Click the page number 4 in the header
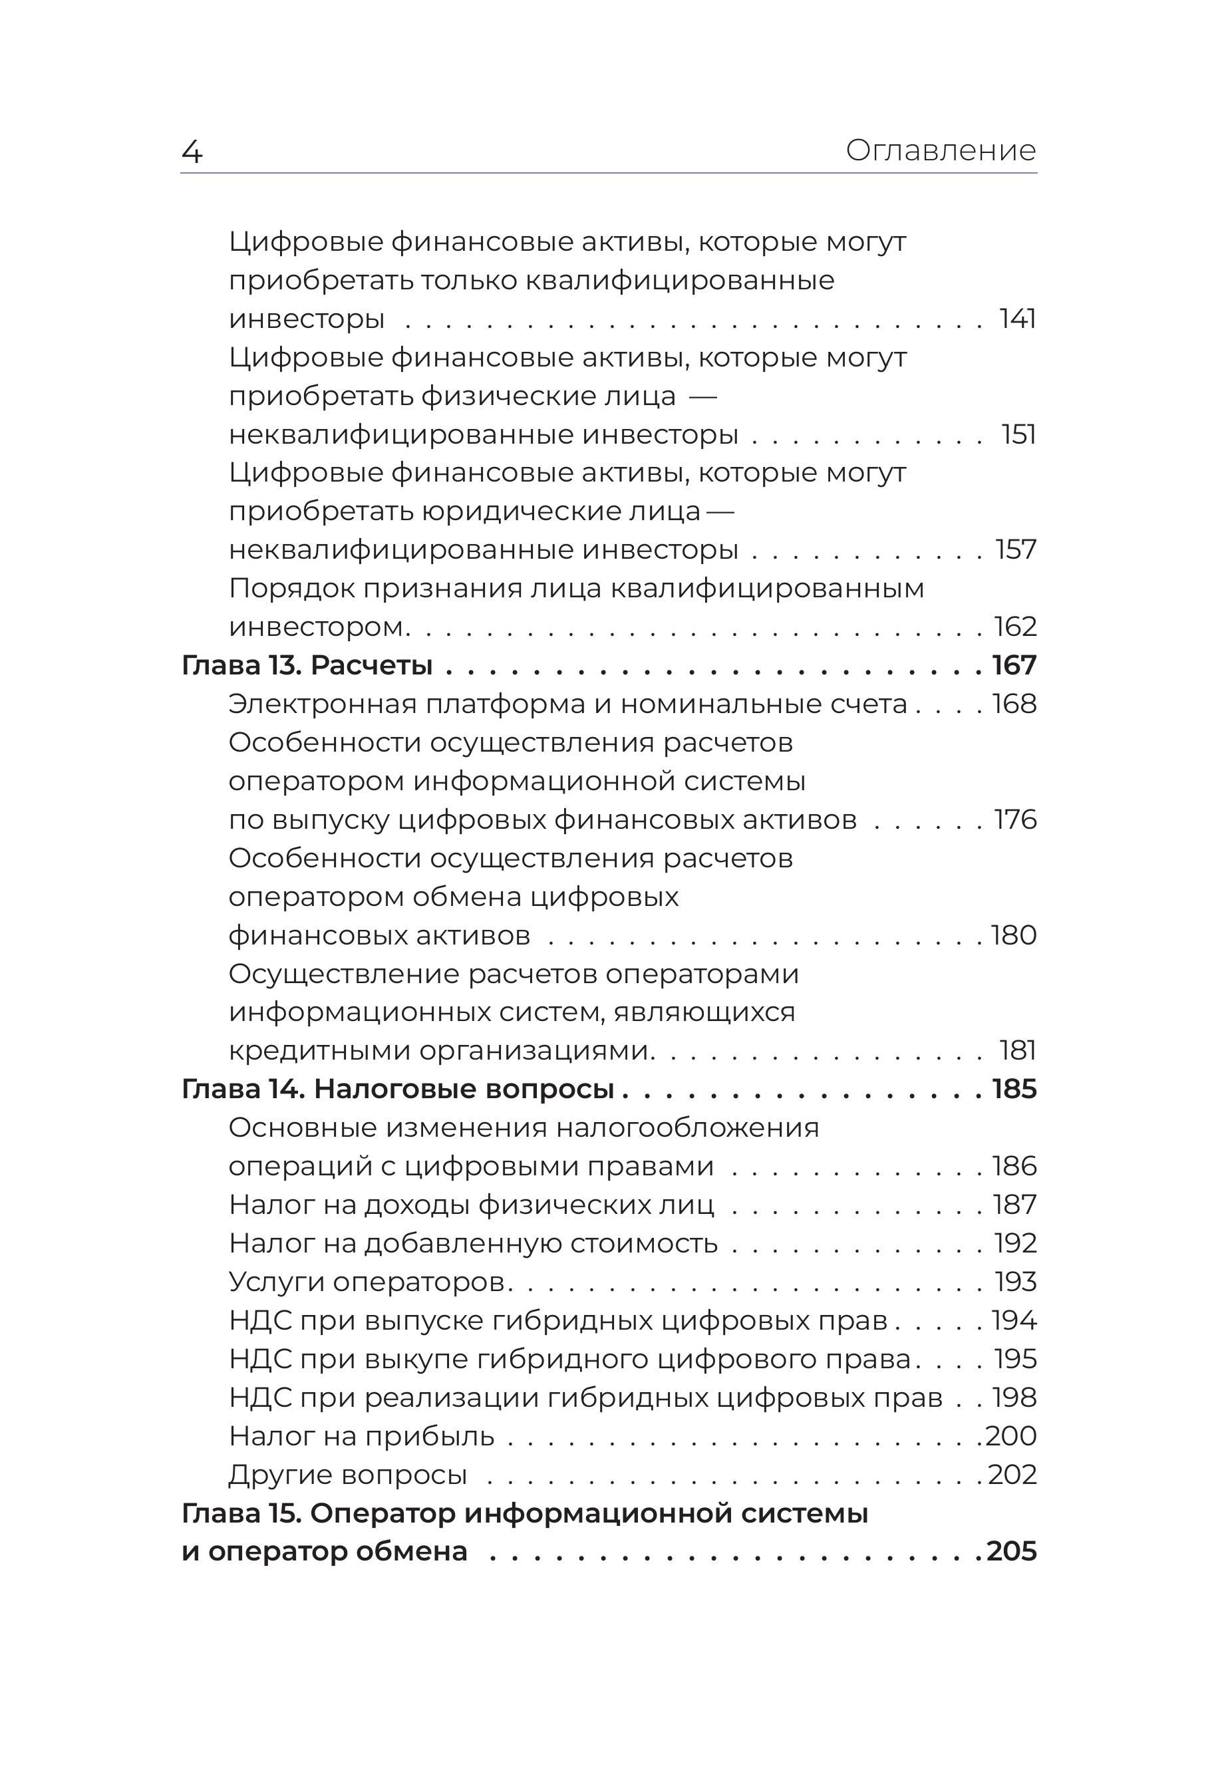[x=192, y=152]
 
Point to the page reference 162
[x=1015, y=627]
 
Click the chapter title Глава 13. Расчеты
[x=307, y=665]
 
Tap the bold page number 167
[x=1014, y=665]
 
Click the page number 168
[x=1014, y=704]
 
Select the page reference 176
[x=1015, y=819]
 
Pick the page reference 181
[x=1018, y=1051]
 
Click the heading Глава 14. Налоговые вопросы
[x=398, y=1089]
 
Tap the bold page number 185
[x=1014, y=1089]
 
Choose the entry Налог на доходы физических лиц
[x=472, y=1205]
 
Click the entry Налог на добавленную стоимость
[x=473, y=1243]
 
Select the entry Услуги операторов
[x=367, y=1282]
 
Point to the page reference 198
[x=1014, y=1397]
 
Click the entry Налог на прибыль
[x=362, y=1436]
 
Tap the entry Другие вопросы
[x=348, y=1474]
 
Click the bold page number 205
[x=1012, y=1551]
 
